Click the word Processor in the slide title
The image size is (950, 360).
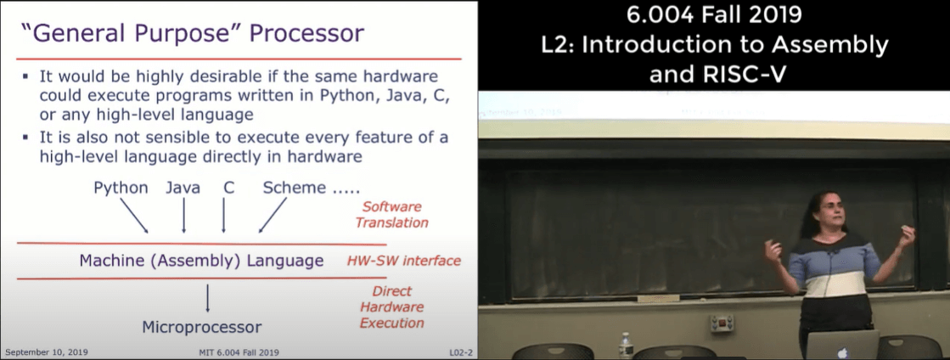coord(307,33)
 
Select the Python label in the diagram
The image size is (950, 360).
coord(121,188)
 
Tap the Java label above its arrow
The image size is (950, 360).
coord(183,188)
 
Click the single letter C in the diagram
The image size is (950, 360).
coord(228,188)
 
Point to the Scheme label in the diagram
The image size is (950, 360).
coord(294,188)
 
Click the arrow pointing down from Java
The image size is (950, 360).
coord(183,215)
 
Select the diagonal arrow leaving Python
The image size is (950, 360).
coord(134,215)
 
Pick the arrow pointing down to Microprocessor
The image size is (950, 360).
coord(208,299)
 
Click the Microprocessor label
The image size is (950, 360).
coord(202,327)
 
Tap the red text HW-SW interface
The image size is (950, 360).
coord(403,262)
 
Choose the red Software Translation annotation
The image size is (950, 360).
coord(391,215)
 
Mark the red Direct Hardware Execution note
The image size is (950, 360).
coord(391,307)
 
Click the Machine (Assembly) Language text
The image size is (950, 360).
coord(202,262)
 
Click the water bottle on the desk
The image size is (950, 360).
coord(625,346)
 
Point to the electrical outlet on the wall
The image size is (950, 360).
coord(722,323)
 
